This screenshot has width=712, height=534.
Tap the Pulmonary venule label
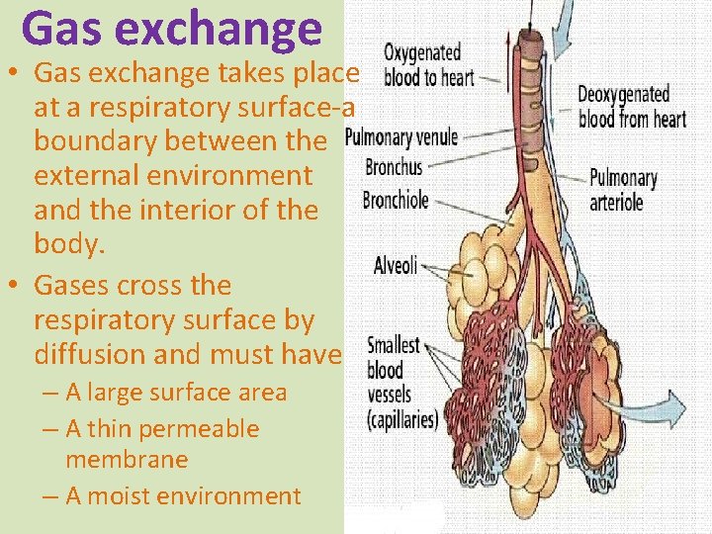(x=401, y=137)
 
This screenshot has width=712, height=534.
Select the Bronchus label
(x=394, y=168)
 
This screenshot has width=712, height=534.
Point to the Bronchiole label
(x=396, y=200)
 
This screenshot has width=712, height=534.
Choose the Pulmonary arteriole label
(x=623, y=190)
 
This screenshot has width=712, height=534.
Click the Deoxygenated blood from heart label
(x=633, y=107)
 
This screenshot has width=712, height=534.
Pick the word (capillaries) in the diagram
(x=401, y=419)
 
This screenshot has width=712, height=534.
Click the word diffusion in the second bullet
(x=89, y=353)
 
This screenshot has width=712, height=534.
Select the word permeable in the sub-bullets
(x=199, y=429)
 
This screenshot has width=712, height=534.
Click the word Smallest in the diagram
(x=394, y=347)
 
